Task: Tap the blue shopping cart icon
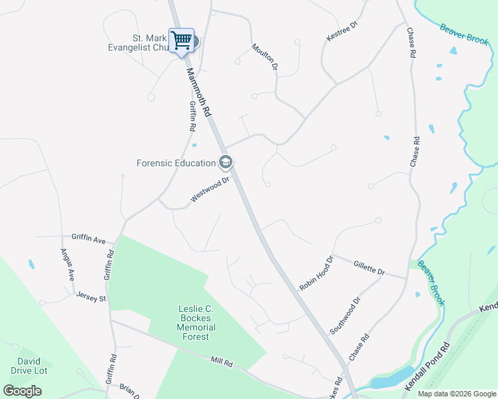tap(181, 40)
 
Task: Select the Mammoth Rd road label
tap(200, 93)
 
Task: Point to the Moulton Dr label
tap(264, 57)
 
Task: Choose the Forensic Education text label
tap(176, 163)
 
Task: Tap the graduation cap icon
tap(226, 162)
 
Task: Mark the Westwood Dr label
tap(210, 189)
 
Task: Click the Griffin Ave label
tap(89, 237)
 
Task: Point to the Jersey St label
tap(91, 297)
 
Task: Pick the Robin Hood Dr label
tap(316, 273)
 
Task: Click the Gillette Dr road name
tap(370, 268)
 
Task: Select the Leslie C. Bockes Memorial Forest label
tap(196, 323)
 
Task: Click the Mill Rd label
tap(222, 363)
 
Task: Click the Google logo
tap(23, 390)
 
